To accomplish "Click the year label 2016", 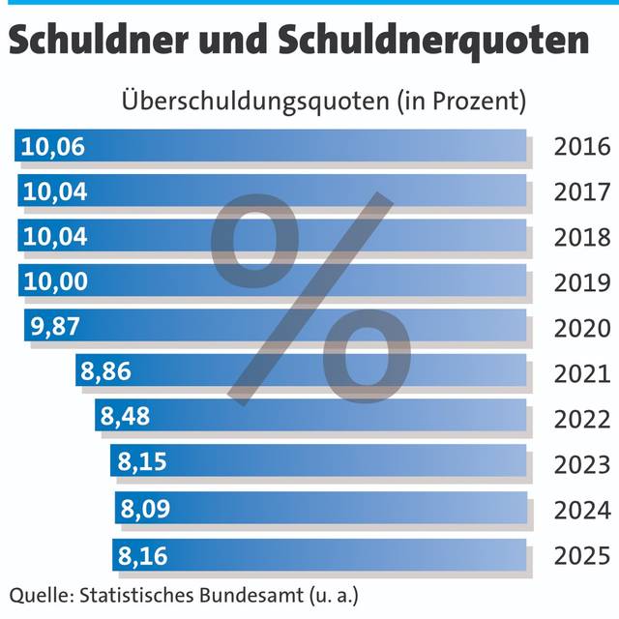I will tap(582, 147).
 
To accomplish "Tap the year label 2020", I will tap(582, 328).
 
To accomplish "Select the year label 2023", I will tap(582, 465).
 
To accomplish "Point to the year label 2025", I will tap(582, 556).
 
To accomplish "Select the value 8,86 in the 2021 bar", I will tap(106, 371).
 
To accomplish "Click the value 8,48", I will tap(125, 417).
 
